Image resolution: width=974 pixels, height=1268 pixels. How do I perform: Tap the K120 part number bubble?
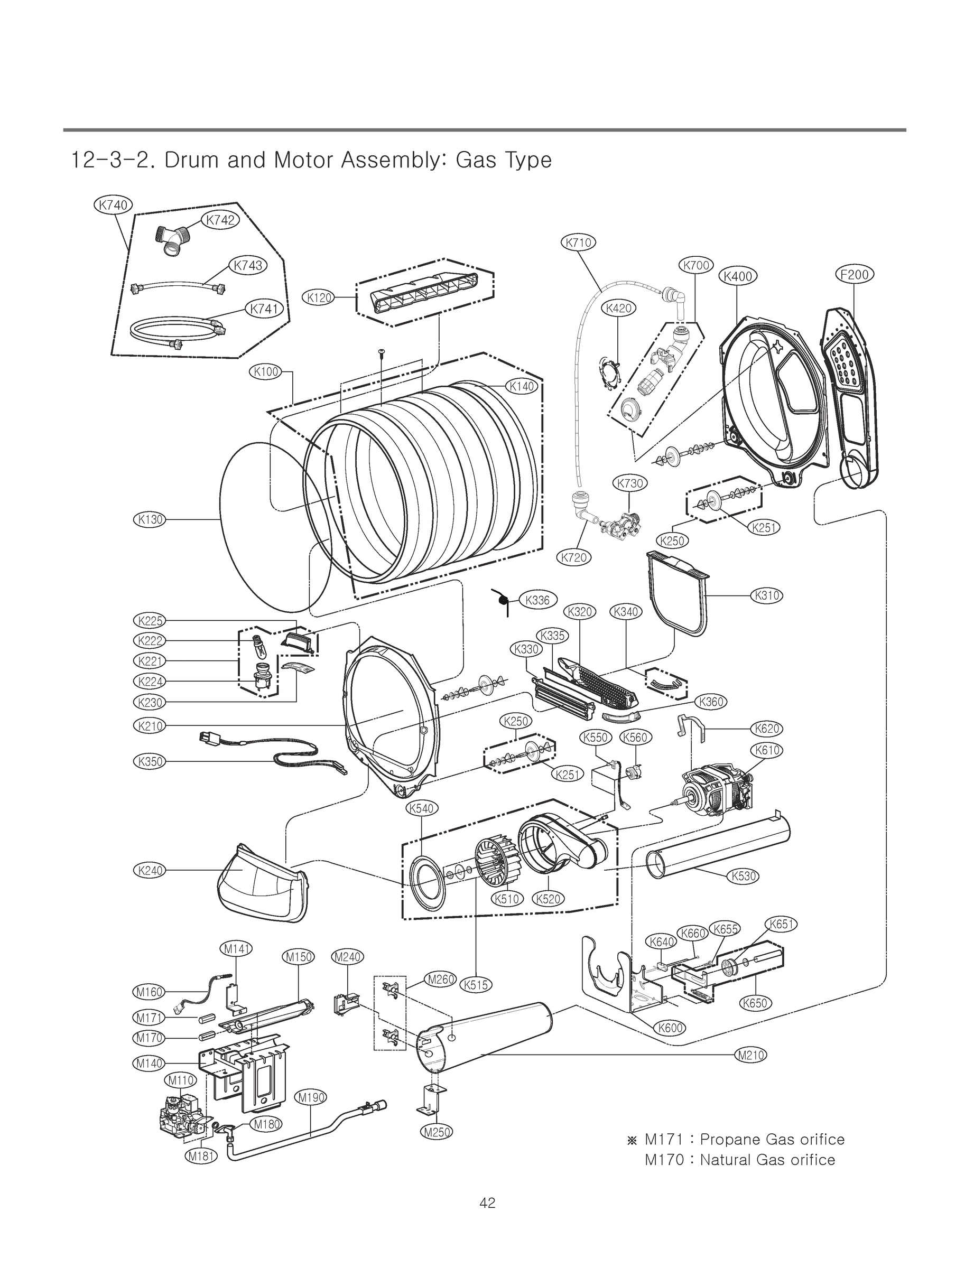tap(319, 298)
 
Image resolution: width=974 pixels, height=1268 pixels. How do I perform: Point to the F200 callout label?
tap(855, 274)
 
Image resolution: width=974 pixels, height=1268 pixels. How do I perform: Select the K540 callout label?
tap(422, 808)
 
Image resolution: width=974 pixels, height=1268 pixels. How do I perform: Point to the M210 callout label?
tap(751, 1055)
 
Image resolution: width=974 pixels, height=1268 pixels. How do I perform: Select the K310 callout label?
tap(766, 595)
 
